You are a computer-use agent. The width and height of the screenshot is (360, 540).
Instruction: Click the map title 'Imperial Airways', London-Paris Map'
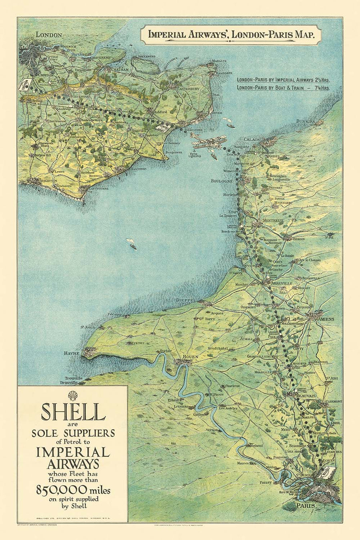231,34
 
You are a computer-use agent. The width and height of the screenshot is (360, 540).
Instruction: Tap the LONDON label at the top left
49,35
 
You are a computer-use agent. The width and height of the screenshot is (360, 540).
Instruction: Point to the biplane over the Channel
208,142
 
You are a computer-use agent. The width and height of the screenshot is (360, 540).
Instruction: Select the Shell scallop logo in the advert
73,396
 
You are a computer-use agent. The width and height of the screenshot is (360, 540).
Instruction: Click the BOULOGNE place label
222,181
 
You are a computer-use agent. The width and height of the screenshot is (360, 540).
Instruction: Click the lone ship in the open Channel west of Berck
131,244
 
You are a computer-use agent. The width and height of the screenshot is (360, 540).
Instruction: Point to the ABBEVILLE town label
282,283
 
